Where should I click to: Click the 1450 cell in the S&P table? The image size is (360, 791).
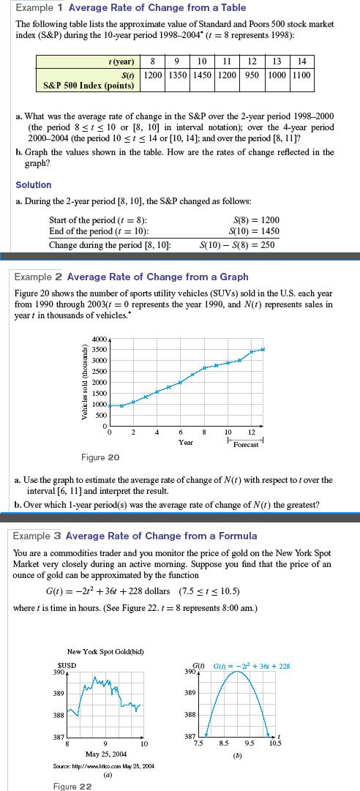(x=203, y=75)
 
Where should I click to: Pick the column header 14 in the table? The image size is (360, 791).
(x=302, y=61)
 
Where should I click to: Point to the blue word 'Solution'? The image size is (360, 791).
(x=34, y=185)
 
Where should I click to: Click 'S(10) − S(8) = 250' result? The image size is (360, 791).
(x=239, y=244)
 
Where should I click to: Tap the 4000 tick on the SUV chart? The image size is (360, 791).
(x=99, y=339)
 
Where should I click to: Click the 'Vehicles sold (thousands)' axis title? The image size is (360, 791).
(x=85, y=381)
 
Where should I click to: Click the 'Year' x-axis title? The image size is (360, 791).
(x=186, y=443)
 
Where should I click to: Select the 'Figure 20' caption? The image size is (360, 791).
(x=100, y=457)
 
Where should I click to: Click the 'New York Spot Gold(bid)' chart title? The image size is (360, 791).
(x=105, y=651)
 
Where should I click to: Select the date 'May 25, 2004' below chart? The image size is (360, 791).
(x=105, y=754)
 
